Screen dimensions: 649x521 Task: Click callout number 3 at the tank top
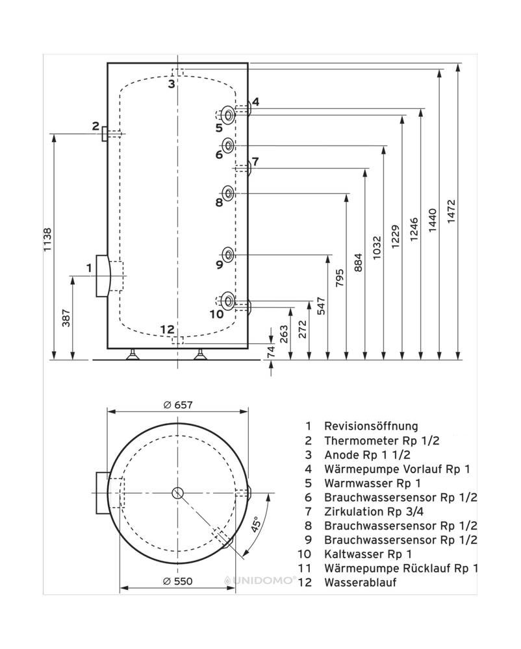point(171,84)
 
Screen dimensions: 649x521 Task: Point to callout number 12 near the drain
point(167,329)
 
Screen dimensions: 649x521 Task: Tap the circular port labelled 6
point(229,144)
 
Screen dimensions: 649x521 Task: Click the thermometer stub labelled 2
point(106,133)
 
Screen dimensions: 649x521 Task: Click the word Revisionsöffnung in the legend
point(370,426)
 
